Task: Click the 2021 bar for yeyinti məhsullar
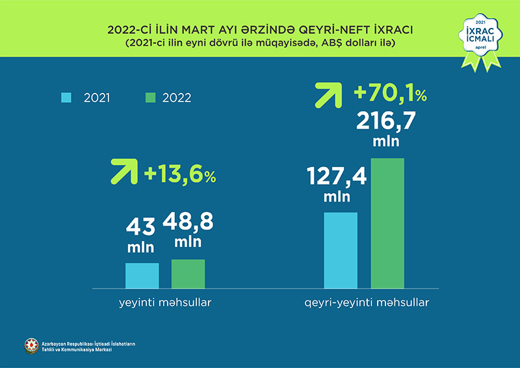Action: click(x=142, y=275)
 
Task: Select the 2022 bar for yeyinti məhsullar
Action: click(x=188, y=273)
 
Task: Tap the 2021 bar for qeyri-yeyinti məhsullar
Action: click(x=341, y=250)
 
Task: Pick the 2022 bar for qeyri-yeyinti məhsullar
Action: click(x=387, y=222)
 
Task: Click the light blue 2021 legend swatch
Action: click(x=66, y=98)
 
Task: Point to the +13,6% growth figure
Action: click(x=180, y=174)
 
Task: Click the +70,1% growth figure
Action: click(x=390, y=94)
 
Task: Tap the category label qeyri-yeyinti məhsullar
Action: click(x=367, y=304)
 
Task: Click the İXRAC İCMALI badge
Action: click(x=480, y=39)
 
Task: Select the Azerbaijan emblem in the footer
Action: click(x=31, y=346)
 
